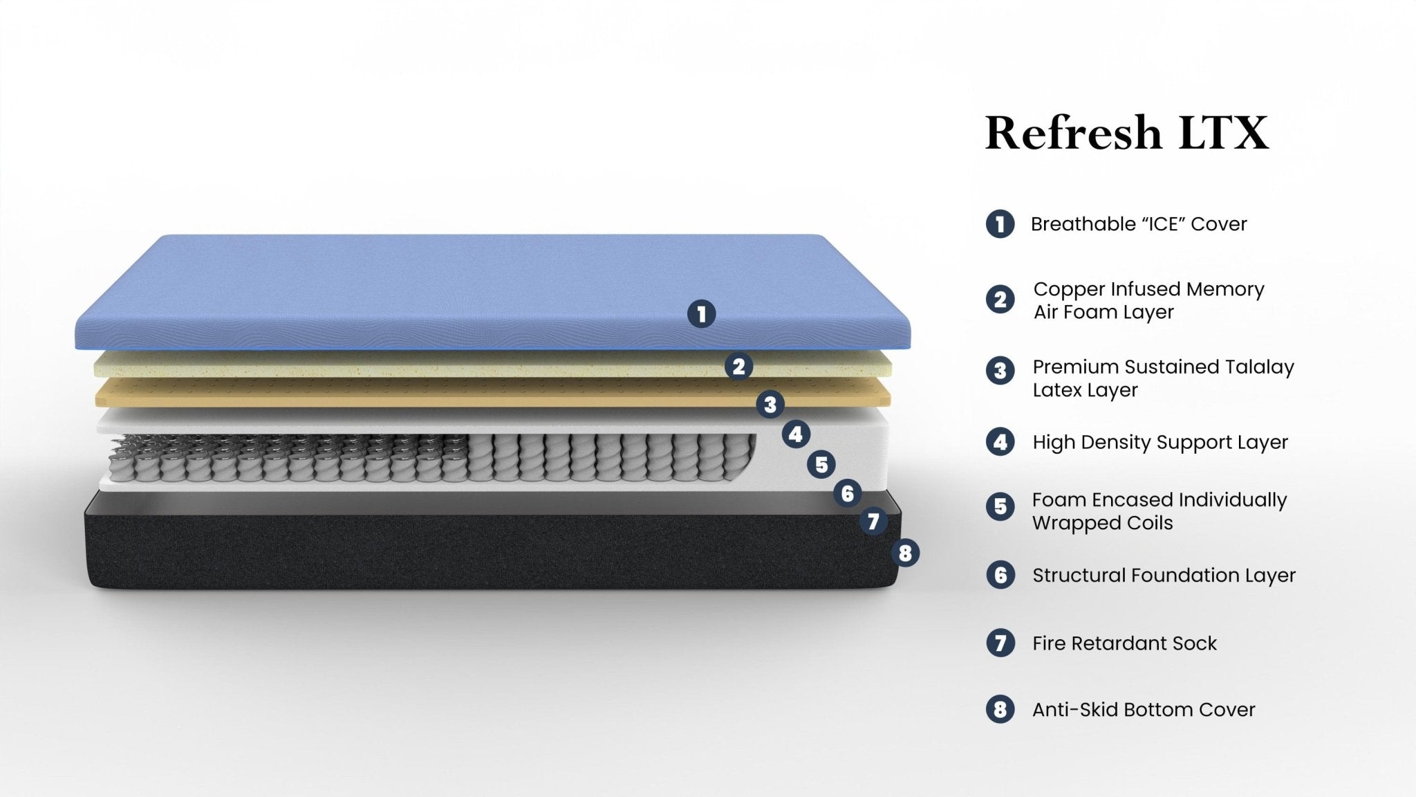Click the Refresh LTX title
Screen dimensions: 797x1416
1126,133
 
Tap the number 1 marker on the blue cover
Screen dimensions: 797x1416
701,314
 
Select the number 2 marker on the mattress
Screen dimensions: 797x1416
738,366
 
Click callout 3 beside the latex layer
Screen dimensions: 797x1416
770,404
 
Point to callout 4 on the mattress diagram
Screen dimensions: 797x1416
796,434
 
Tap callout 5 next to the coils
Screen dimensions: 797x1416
821,464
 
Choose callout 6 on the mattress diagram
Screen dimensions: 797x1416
848,493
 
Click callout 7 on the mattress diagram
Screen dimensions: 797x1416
873,521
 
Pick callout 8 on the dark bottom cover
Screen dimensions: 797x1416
905,553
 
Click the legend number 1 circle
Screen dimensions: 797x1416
1000,224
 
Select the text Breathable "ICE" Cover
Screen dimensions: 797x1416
1138,224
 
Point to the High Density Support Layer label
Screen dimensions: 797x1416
1160,442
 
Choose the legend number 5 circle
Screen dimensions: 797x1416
1000,506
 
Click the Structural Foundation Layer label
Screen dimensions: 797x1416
1164,575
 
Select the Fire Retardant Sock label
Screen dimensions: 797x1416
1124,643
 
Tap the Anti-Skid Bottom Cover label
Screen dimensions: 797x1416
1144,710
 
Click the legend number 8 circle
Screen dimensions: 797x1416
1000,710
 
